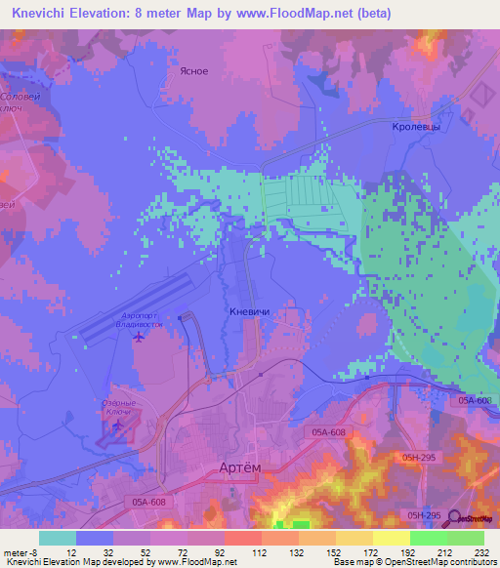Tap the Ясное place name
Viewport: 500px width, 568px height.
(194, 71)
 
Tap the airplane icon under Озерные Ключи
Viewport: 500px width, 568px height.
(119, 426)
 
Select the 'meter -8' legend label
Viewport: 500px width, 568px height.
(21, 551)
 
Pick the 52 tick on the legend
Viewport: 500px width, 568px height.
(132, 551)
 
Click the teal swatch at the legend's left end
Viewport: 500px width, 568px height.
(58, 538)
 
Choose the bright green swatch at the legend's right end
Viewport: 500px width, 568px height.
(466, 538)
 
